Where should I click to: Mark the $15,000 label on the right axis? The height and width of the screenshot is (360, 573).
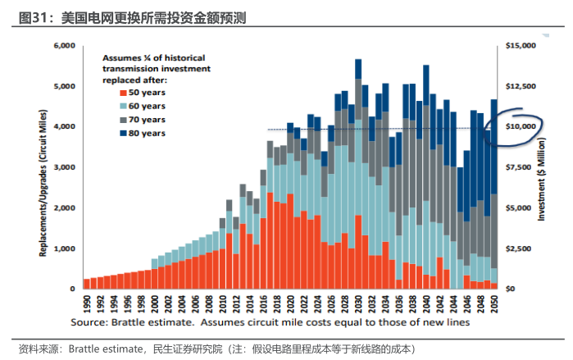(520, 46)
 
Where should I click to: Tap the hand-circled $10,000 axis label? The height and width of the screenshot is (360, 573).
(520, 127)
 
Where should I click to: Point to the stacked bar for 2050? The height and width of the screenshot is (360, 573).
(494, 197)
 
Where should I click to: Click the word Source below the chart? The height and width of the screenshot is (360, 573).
(90, 324)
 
